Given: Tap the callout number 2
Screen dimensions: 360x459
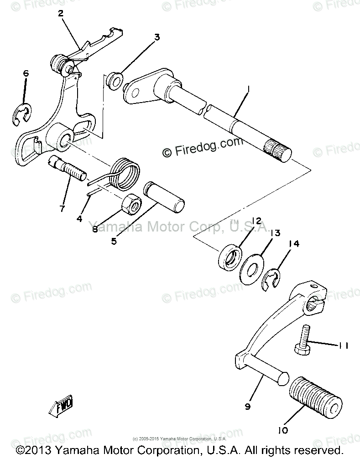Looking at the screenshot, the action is pos(61,13).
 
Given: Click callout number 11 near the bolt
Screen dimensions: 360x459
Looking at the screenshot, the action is pos(343,346).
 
